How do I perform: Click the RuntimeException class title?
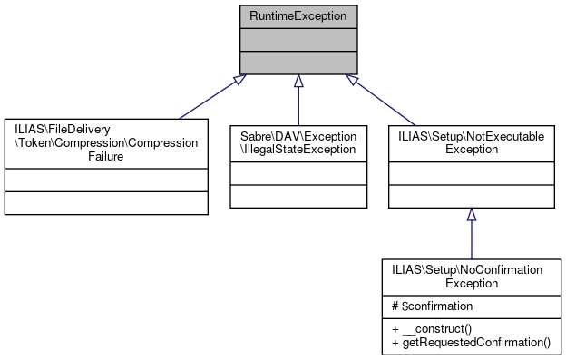pyautogui.click(x=298, y=16)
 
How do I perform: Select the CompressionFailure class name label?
pyautogui.click(x=106, y=142)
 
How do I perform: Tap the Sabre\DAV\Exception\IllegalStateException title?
pyautogui.click(x=298, y=141)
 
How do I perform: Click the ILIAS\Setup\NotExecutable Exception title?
pyautogui.click(x=471, y=141)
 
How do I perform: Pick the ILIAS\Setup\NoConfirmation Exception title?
pyautogui.click(x=471, y=276)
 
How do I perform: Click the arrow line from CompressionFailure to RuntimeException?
pyautogui.click(x=209, y=98)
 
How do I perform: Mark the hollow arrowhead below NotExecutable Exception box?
pyautogui.click(x=471, y=215)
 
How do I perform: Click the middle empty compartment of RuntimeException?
pyautogui.click(x=298, y=39)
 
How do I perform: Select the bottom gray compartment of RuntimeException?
pyautogui.click(x=298, y=61)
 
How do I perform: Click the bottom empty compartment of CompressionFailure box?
pyautogui.click(x=106, y=202)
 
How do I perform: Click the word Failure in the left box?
pyautogui.click(x=106, y=156)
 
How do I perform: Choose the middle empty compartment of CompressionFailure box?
pyautogui.click(x=106, y=180)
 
